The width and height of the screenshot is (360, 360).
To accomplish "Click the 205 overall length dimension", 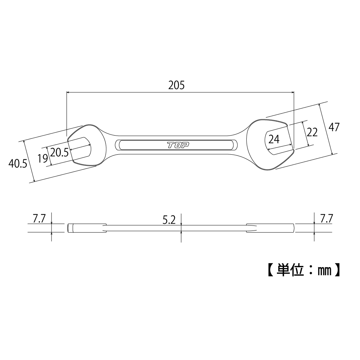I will tap(176, 85).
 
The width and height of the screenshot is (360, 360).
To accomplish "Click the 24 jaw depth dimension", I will tap(274, 139).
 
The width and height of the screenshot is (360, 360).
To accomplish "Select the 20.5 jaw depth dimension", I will tap(59, 152).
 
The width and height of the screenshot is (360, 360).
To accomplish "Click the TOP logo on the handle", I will tap(178, 145).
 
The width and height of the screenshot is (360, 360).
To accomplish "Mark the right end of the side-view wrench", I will tap(293, 228).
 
